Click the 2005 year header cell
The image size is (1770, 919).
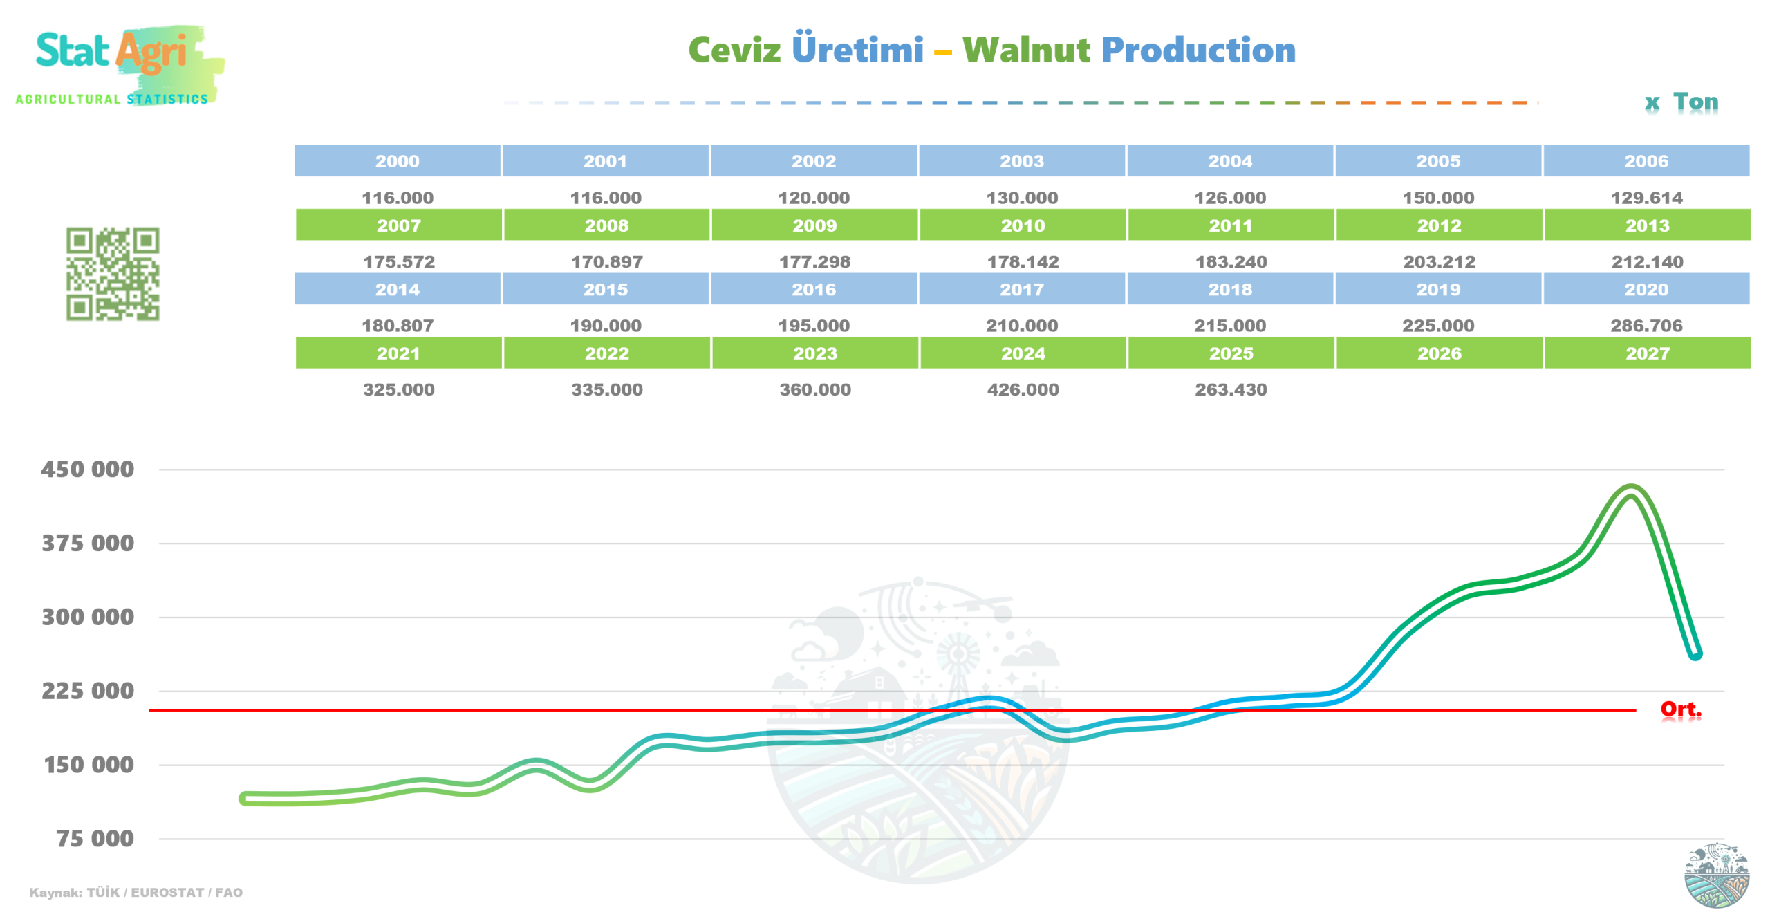tap(1437, 160)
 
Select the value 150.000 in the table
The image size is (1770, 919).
tap(1437, 198)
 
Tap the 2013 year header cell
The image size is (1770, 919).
tap(1647, 225)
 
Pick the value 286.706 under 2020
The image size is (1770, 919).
tap(1646, 326)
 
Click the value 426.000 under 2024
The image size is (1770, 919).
tap(1023, 389)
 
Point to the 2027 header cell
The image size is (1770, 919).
tap(1647, 353)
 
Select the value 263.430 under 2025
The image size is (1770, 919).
tap(1231, 389)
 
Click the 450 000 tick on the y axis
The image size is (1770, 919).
tap(88, 469)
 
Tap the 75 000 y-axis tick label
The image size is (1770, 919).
tap(95, 838)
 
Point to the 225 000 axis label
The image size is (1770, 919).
tap(88, 690)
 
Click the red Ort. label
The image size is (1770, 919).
tap(1680, 709)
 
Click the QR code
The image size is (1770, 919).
tap(113, 274)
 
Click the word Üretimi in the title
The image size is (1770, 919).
tap(857, 48)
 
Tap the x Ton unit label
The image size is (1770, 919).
tap(1681, 102)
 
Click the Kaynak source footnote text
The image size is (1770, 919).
tap(136, 892)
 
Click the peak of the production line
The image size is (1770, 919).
tap(1632, 490)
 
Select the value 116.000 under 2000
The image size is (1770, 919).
tap(398, 198)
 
